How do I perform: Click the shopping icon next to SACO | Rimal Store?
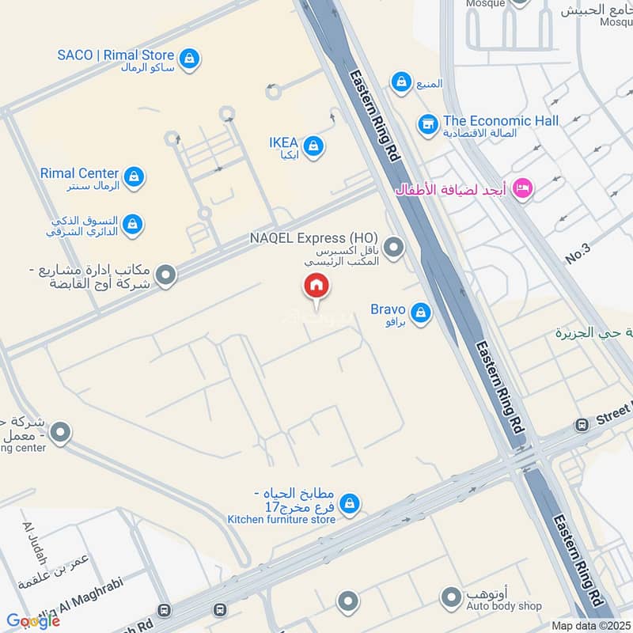[x=189, y=58]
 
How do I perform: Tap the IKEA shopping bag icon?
[x=314, y=146]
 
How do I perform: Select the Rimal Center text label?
[x=79, y=173]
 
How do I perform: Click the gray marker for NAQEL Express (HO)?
[x=393, y=248]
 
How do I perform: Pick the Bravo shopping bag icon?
[x=421, y=313]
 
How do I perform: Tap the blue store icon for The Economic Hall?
[x=428, y=124]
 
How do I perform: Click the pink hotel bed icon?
[x=522, y=188]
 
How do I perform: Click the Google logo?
[x=32, y=621]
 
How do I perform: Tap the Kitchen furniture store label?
[x=281, y=519]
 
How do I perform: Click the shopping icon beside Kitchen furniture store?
[x=349, y=502]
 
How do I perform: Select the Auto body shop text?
[x=504, y=606]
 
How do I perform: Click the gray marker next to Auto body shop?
[x=451, y=598]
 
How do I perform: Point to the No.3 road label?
[x=578, y=255]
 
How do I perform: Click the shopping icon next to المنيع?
[x=401, y=81]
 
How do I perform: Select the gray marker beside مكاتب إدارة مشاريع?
[x=165, y=276]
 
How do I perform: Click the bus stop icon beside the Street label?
[x=582, y=425]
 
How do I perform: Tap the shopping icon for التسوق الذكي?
[x=133, y=226]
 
